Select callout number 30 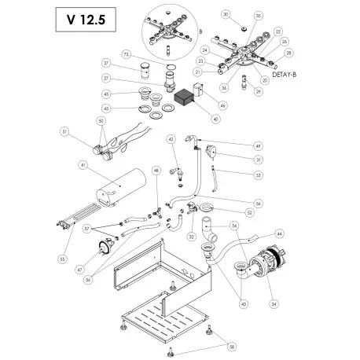[225, 15]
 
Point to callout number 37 [106, 63]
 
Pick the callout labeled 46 [223, 105]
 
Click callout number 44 [280, 233]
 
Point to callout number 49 [236, 145]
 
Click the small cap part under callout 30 [243, 28]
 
